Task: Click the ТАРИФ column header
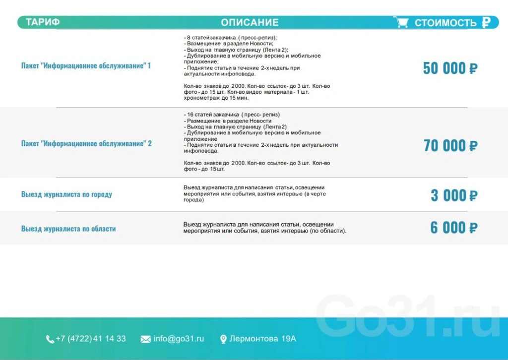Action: tap(43, 22)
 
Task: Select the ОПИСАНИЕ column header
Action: tap(250, 22)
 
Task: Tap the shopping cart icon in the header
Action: tap(401, 22)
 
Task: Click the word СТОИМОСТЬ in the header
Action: tap(445, 23)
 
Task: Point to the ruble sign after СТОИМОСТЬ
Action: tap(486, 22)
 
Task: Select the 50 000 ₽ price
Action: tap(450, 68)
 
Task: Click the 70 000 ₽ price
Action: tap(450, 145)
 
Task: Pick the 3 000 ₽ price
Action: tap(453, 195)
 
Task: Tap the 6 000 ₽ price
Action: tap(453, 228)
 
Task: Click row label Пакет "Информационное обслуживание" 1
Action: tap(86, 66)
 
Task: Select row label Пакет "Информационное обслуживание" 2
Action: tap(86, 144)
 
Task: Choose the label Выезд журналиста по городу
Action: tap(66, 194)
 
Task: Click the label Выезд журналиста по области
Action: tap(68, 229)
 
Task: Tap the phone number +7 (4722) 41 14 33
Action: tap(90, 339)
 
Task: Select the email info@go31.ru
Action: tap(179, 339)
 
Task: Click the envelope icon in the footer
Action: tap(145, 339)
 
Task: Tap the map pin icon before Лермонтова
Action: tap(223, 339)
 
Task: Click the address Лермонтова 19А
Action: tap(263, 339)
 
